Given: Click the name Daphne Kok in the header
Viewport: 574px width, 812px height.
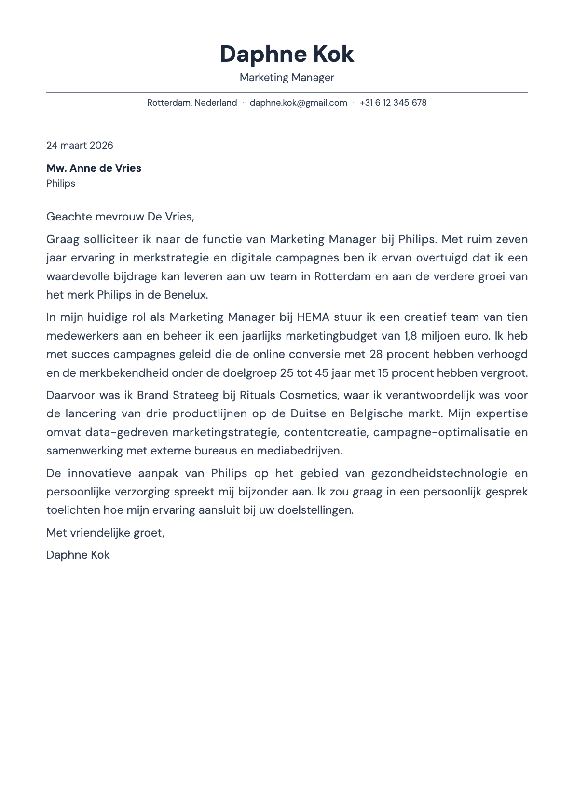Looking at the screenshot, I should click(x=287, y=54).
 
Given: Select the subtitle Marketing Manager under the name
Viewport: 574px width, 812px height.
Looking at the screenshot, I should click(x=287, y=78).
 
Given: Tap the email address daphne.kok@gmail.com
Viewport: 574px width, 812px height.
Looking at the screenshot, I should click(x=298, y=103).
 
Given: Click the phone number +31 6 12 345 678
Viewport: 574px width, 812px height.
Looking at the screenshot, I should click(x=393, y=103).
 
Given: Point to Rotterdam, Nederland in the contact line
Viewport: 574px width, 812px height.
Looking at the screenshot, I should click(x=192, y=103).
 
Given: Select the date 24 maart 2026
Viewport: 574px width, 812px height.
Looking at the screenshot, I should click(x=80, y=145).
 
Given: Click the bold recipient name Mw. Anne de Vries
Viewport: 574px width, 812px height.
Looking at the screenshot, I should click(x=94, y=168).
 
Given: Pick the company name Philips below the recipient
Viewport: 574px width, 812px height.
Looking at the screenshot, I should click(x=61, y=183).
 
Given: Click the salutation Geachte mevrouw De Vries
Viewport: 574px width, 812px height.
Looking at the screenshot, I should click(x=120, y=217).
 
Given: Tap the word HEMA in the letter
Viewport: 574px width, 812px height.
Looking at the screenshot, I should click(x=313, y=317).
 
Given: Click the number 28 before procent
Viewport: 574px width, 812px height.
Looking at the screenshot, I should click(x=376, y=354).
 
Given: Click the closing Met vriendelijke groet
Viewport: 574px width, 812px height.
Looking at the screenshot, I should click(x=105, y=533).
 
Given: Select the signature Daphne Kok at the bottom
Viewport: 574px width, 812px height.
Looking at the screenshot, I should click(x=78, y=555).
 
